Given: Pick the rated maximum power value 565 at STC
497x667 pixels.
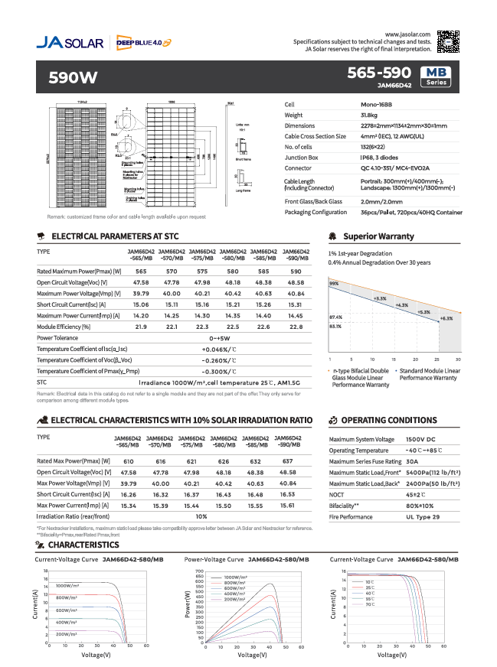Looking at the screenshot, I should click(142, 272).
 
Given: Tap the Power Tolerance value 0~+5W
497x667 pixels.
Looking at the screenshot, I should click(219, 337).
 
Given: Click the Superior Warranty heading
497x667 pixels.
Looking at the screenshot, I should click(378, 236).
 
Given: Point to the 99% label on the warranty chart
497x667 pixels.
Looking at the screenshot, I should click(334, 284).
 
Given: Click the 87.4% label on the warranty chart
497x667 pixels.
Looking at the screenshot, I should click(335, 317).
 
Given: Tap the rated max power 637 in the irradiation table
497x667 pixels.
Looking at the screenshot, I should click(288, 462).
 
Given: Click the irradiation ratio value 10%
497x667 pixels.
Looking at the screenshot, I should click(202, 517).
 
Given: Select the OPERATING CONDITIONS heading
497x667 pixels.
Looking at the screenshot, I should click(388, 420).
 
